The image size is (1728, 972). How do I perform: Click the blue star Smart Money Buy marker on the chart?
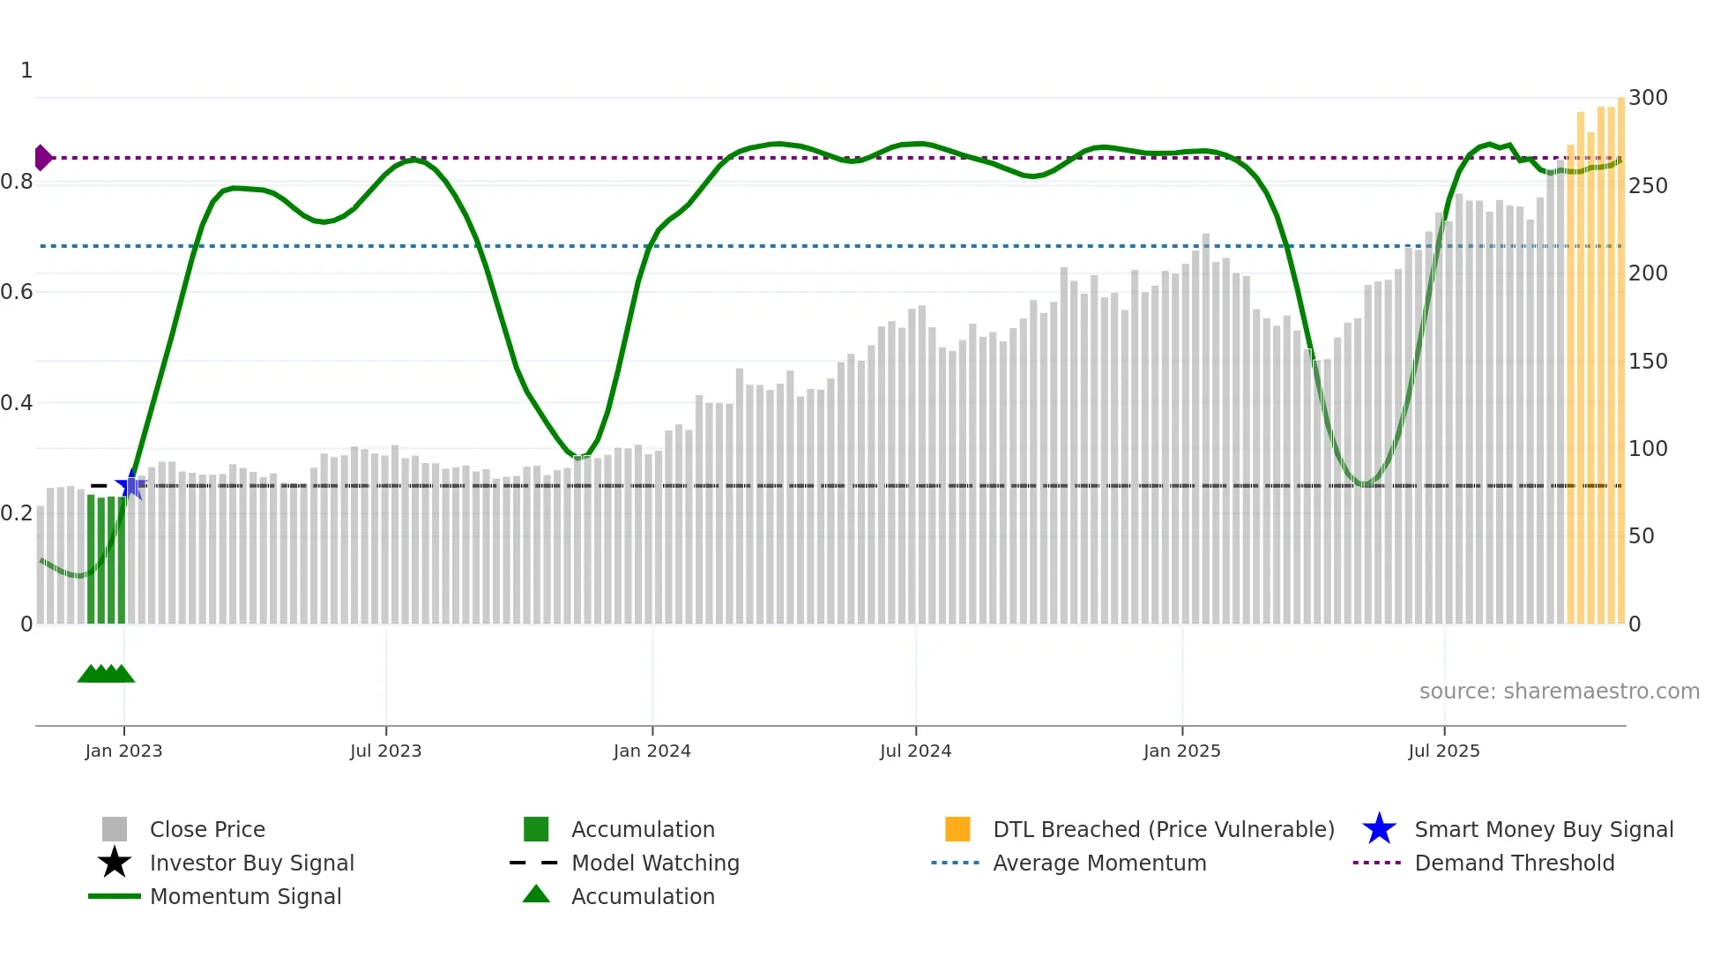131,484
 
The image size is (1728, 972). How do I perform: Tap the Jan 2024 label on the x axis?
652,751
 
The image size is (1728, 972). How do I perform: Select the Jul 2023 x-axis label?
385,751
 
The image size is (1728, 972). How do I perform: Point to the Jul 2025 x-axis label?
1443,751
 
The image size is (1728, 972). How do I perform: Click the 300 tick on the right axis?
1647,98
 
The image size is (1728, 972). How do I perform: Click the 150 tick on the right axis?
1647,362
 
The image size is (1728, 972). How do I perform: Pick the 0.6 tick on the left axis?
17,292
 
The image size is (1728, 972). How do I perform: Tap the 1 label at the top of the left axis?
26,71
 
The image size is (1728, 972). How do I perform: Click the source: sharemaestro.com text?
1559,692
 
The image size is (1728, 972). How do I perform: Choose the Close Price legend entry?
207,829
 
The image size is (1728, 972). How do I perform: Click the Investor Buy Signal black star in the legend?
115,863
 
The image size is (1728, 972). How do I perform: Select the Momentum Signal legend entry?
245,896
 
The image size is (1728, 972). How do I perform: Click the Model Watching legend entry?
655,863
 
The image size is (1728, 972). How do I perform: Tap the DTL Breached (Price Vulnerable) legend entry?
1163,829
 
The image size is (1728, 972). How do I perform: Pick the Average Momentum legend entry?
1099,863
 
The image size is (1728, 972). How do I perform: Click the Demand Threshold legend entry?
1514,863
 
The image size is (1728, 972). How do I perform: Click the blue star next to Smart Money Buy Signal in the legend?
1379,829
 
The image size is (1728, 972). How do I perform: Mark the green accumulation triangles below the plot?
106,674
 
